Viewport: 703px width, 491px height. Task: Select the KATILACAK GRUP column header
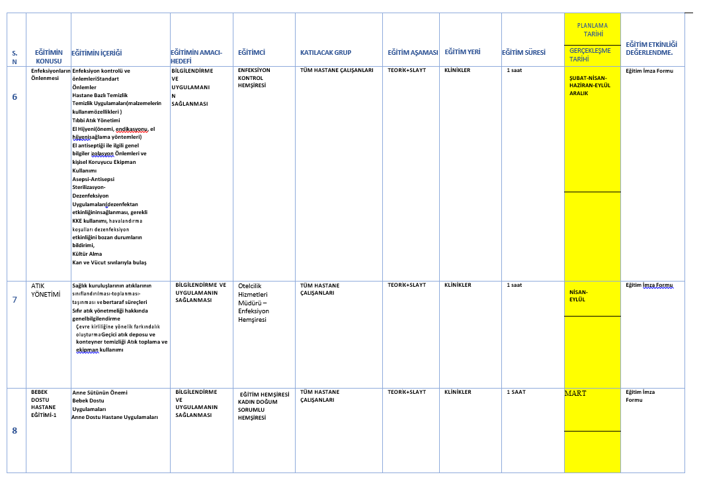pyautogui.click(x=325, y=52)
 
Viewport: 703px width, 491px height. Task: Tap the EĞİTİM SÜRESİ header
pyautogui.click(x=523, y=52)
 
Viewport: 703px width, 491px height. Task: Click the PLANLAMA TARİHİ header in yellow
pyautogui.click(x=592, y=30)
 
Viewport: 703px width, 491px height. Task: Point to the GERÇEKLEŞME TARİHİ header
pyautogui.click(x=590, y=54)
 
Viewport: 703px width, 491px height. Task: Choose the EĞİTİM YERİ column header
pyautogui.click(x=462, y=52)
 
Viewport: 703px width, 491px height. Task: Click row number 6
pyautogui.click(x=15, y=97)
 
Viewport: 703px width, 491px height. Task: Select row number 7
pyautogui.click(x=15, y=299)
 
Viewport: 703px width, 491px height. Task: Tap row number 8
pyautogui.click(x=15, y=431)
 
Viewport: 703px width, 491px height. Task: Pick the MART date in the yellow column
pyautogui.click(x=575, y=393)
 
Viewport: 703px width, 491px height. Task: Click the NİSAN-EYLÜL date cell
pyautogui.click(x=577, y=295)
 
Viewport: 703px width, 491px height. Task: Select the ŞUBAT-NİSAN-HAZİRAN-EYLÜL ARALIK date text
pyautogui.click(x=589, y=85)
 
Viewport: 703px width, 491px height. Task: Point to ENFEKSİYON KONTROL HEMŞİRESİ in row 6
pyautogui.click(x=254, y=78)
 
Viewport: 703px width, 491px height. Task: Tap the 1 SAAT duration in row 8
pyautogui.click(x=516, y=393)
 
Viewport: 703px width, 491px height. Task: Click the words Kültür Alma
pyautogui.click(x=87, y=254)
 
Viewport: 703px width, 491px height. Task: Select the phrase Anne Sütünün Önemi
pyautogui.click(x=99, y=393)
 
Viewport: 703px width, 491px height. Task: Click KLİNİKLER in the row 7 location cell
pyautogui.click(x=458, y=285)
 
